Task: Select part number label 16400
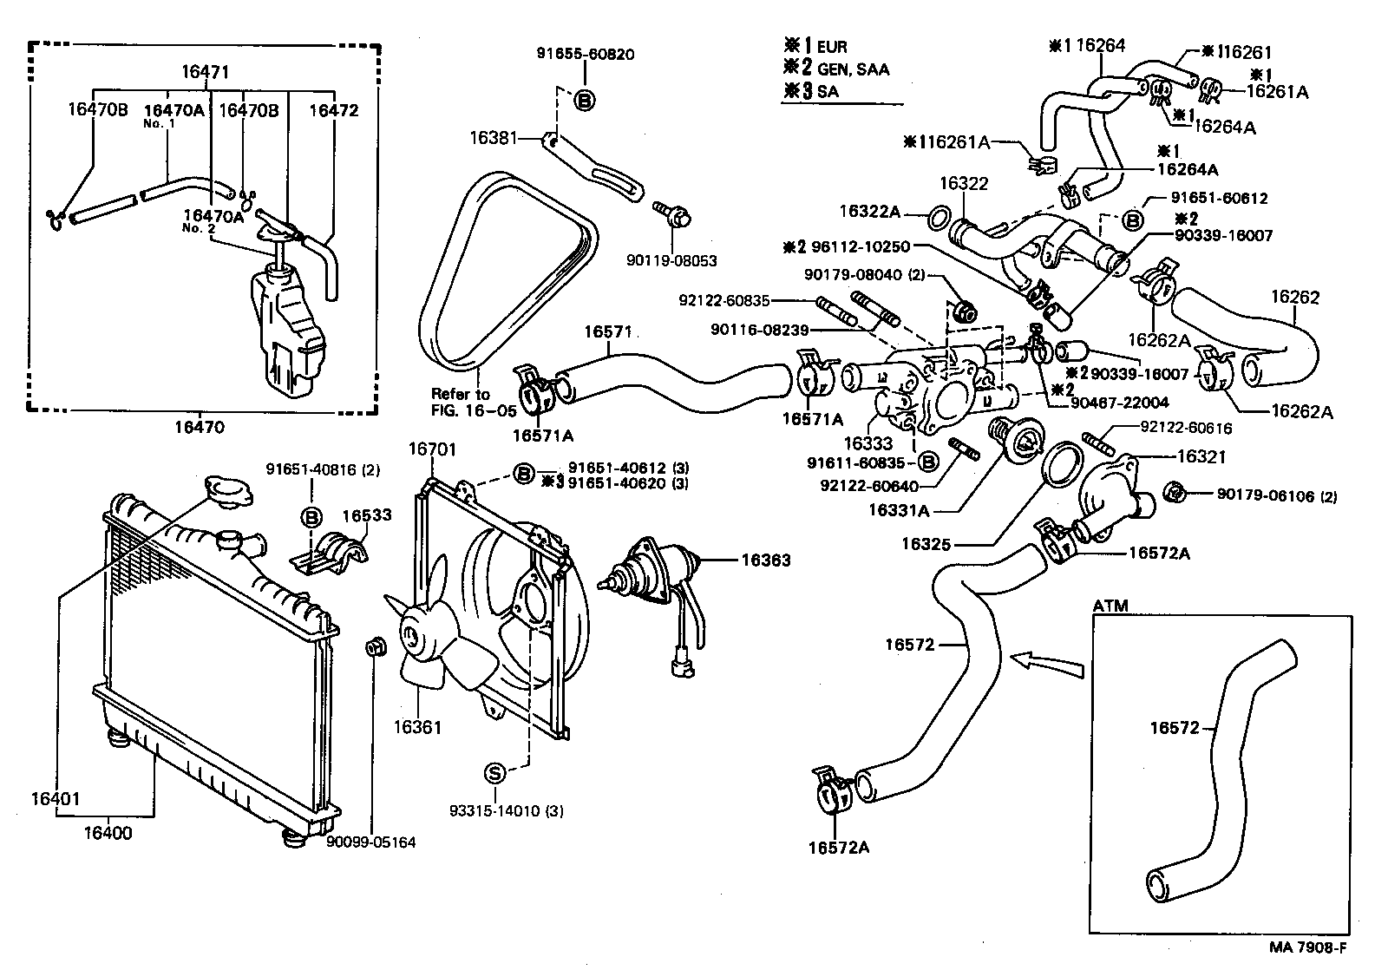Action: (x=108, y=833)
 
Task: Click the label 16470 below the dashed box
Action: (x=200, y=427)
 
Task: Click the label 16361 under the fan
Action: (x=417, y=727)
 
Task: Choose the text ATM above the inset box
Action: (x=1110, y=606)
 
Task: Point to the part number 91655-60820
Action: (x=584, y=54)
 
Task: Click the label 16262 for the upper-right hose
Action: (x=1295, y=298)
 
